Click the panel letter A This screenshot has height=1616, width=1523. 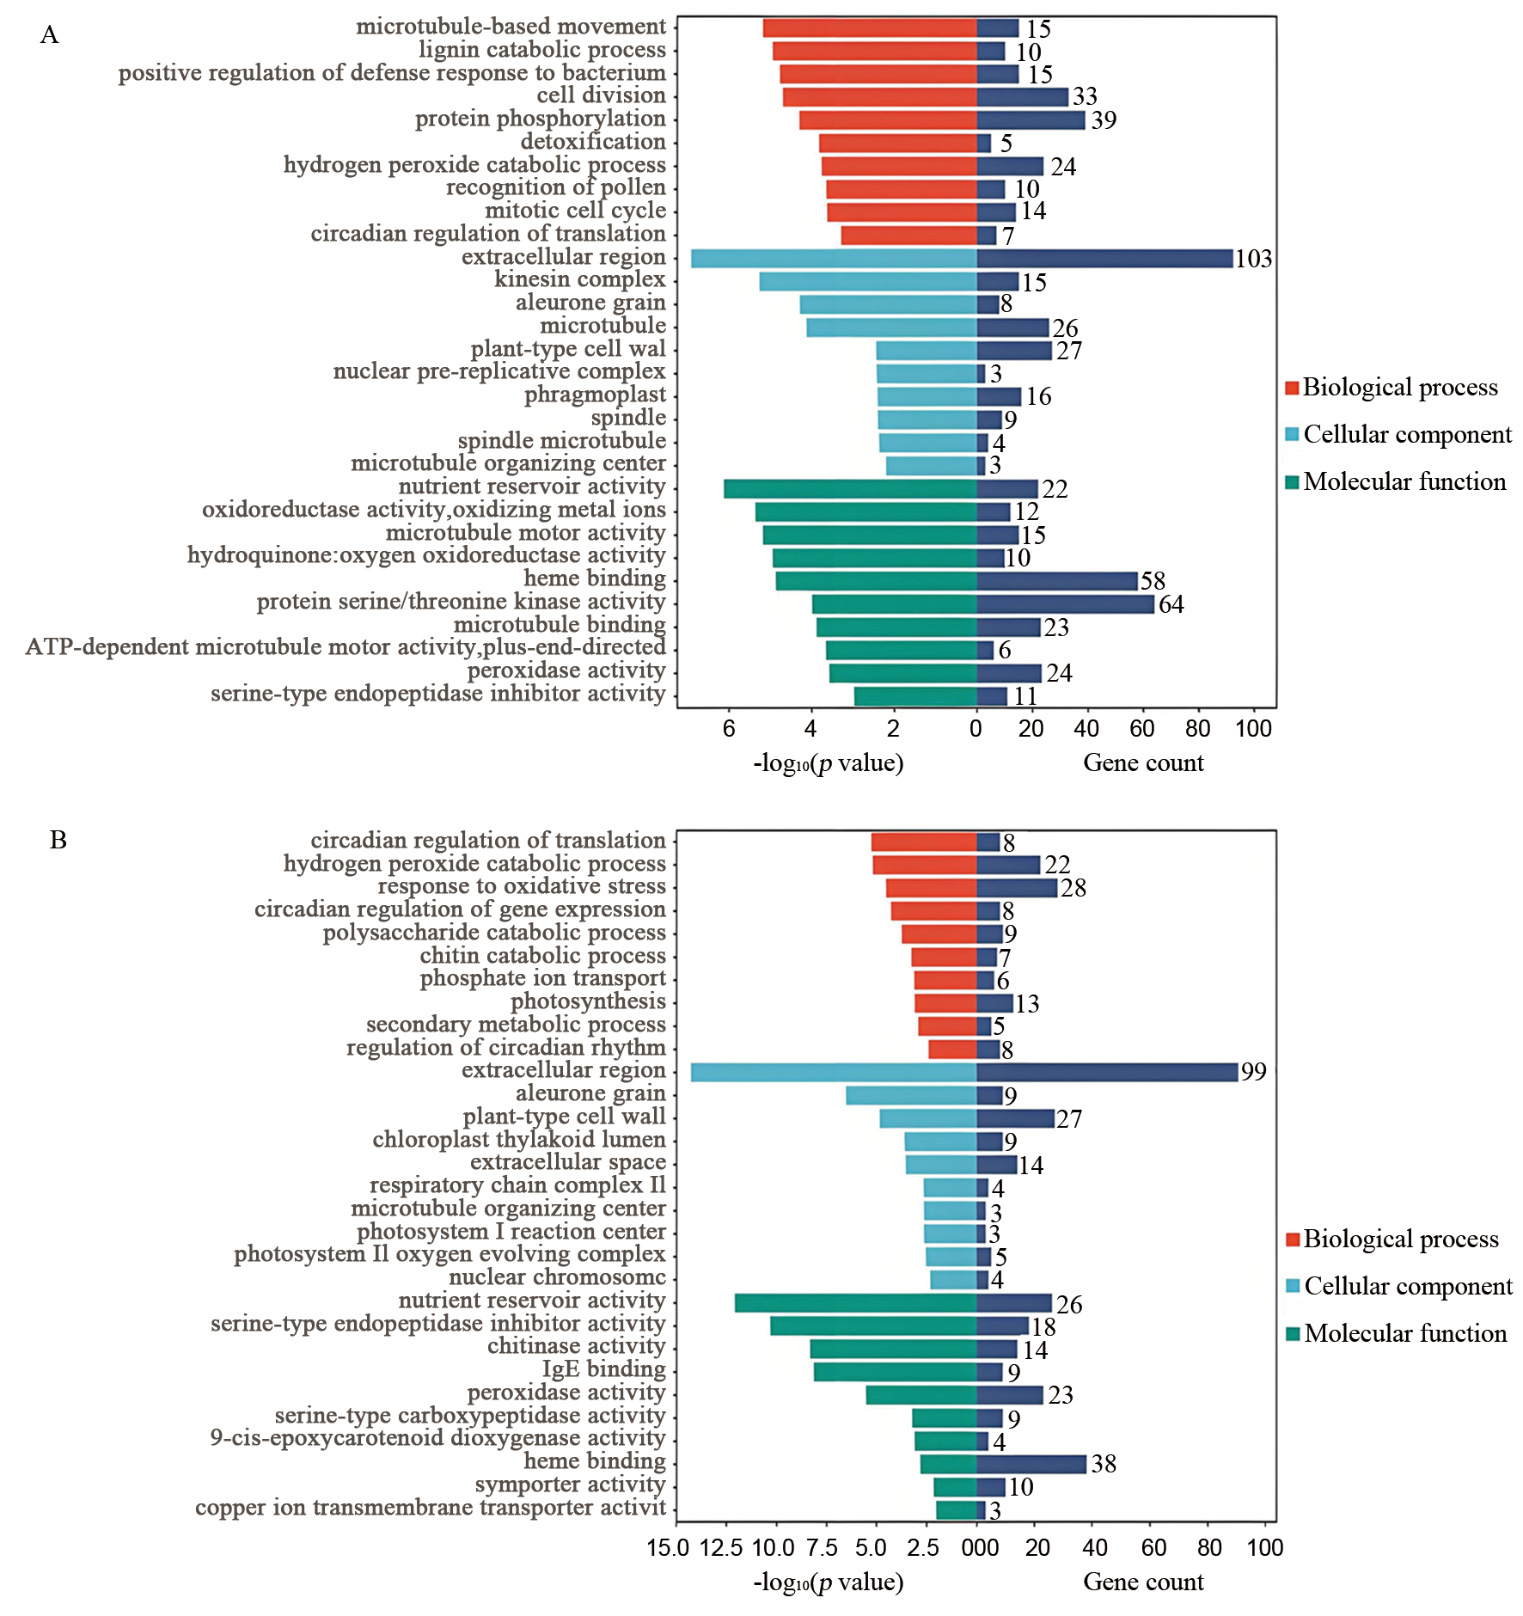point(49,35)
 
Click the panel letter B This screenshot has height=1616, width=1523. point(58,840)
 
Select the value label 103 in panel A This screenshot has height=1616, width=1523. point(1253,259)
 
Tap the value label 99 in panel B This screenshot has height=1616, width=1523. point(1253,1072)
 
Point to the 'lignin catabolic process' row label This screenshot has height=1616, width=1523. point(541,50)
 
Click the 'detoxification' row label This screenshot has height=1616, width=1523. point(593,142)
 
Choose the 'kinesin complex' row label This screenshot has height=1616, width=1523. point(579,279)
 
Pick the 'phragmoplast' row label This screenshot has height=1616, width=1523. point(595,395)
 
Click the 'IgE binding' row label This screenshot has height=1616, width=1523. point(603,1369)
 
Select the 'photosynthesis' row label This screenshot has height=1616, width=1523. point(588,1001)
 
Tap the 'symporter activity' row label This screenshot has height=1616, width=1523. point(570,1484)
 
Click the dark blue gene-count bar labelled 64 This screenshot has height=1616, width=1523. point(1065,604)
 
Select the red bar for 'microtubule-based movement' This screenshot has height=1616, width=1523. point(869,28)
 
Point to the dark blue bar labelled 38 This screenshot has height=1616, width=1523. point(1031,1464)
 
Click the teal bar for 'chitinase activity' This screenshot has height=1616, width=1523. point(893,1349)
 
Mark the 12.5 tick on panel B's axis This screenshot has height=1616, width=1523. point(720,1548)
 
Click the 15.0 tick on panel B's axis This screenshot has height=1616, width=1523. point(668,1548)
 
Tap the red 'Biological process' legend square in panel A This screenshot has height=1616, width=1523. point(1292,388)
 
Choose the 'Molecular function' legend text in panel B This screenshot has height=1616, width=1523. point(1405,1333)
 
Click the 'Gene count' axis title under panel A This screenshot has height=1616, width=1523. point(1142,762)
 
